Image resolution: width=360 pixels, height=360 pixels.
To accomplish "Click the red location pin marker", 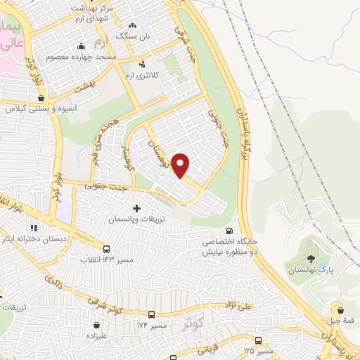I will (x=181, y=165).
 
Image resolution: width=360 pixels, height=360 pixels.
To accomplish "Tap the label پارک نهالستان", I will (x=309, y=270).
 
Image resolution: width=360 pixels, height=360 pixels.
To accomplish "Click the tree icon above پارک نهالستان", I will (x=311, y=258).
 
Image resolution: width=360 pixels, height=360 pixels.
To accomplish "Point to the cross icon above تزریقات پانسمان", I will (x=136, y=208).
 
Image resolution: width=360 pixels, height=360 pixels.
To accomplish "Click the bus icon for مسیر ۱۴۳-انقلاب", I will (x=106, y=249).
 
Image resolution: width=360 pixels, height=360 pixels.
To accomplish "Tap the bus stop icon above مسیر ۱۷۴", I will (x=152, y=314).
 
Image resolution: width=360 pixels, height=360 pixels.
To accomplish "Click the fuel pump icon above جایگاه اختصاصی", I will (x=229, y=231).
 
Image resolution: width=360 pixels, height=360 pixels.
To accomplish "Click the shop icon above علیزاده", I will (x=96, y=326).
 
